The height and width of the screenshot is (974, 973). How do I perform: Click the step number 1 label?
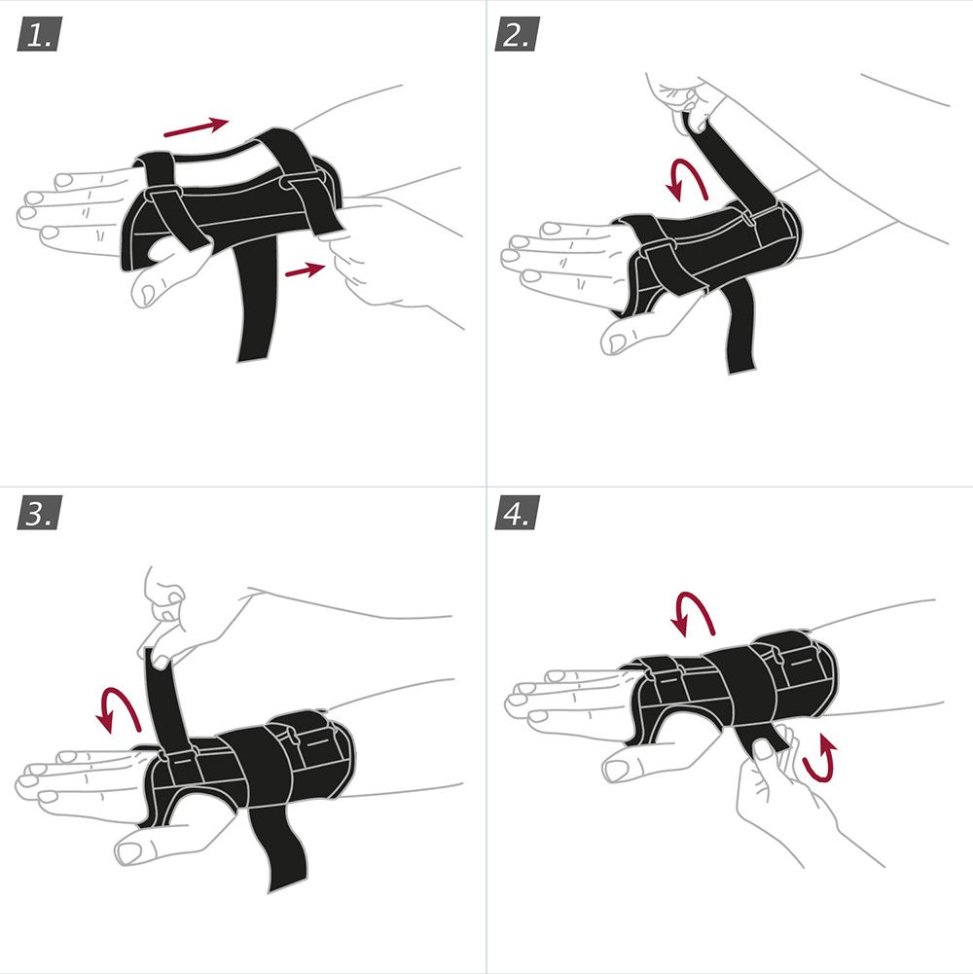(39, 34)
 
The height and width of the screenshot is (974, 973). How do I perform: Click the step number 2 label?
(517, 34)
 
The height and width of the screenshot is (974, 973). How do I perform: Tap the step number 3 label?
(39, 513)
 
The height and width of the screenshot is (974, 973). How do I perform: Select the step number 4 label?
(517, 513)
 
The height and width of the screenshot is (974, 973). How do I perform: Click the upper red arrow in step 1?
(196, 126)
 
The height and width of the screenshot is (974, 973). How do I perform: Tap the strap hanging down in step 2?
(739, 326)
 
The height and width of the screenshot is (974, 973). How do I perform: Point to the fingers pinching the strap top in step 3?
(164, 621)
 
